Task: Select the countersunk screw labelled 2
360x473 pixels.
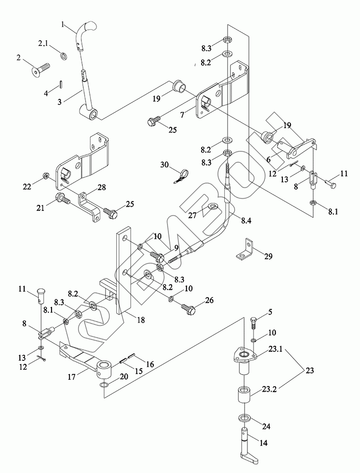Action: [41, 69]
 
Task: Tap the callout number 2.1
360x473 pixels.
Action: [43, 44]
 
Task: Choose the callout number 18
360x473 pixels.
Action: [140, 319]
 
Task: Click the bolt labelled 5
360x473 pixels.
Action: [254, 324]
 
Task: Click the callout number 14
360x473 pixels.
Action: [264, 443]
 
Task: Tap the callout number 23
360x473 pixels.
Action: [309, 370]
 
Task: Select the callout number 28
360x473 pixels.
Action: [102, 187]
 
